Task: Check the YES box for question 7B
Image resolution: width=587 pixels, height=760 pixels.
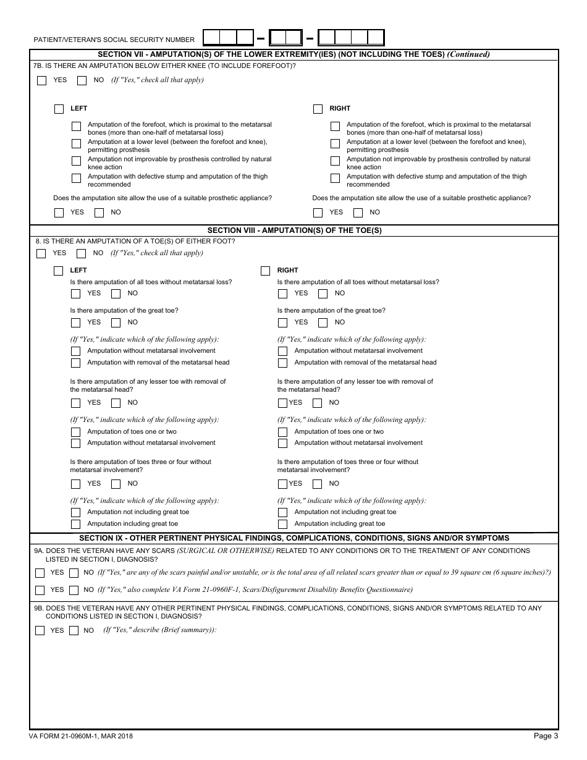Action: tap(42, 80)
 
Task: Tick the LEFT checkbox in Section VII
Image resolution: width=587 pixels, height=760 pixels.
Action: tap(59, 109)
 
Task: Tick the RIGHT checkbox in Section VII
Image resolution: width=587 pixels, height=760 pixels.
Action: tap(318, 109)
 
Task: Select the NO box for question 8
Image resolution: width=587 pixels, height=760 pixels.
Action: tap(81, 253)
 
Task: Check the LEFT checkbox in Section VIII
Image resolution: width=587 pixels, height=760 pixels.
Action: tap(59, 271)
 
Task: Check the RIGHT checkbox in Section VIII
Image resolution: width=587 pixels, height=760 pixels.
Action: tap(266, 271)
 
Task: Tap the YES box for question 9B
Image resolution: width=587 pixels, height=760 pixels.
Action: tap(40, 631)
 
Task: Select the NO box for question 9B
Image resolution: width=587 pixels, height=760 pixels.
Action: tap(74, 631)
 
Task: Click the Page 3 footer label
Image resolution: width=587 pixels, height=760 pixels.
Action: tap(546, 736)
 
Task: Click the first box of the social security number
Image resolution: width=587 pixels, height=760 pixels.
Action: tap(212, 38)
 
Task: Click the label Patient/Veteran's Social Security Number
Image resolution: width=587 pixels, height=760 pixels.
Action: tap(114, 40)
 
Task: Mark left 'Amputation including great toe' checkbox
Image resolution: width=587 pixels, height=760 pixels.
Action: tap(75, 524)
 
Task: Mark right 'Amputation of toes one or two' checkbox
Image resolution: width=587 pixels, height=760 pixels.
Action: tap(282, 432)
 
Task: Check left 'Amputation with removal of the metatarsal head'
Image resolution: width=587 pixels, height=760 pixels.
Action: tap(75, 363)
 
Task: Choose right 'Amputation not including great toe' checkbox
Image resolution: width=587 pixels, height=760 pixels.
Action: tap(282, 512)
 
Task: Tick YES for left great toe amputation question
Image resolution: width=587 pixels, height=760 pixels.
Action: tap(75, 323)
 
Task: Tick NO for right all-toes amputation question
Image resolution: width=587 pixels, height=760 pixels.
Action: tap(323, 293)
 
